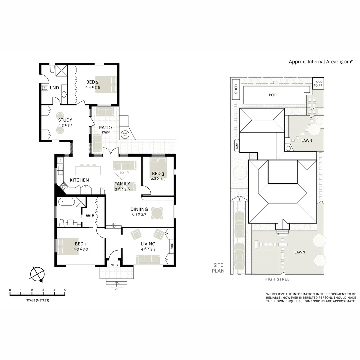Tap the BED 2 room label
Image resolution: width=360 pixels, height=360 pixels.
pos(93,82)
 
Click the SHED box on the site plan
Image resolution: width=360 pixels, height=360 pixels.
pos(236,89)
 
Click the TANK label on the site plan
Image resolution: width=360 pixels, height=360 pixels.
pos(237,145)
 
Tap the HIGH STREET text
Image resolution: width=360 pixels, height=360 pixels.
pos(278,279)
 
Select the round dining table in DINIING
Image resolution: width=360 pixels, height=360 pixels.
pos(157,213)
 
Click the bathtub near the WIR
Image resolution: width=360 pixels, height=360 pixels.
pos(66,202)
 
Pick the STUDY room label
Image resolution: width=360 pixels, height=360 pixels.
pos(65,120)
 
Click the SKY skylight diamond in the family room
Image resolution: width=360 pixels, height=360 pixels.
pos(122,173)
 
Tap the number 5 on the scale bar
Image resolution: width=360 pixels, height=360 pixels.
pos(65,290)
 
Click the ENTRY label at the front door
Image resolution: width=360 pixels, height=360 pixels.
pos(113,265)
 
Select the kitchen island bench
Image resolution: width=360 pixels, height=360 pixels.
pos(88,170)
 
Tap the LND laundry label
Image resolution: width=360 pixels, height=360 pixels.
pos(54,88)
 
